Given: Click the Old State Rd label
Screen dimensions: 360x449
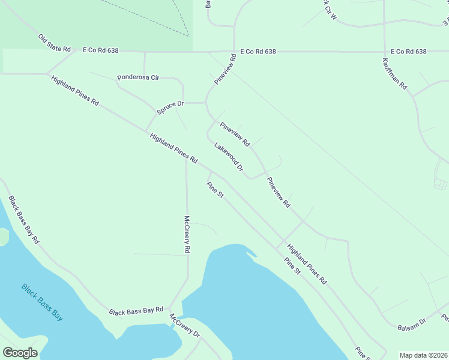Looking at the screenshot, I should click(x=55, y=43).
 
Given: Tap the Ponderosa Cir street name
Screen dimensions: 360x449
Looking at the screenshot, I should click(x=138, y=77).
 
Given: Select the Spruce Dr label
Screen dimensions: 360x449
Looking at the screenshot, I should click(x=170, y=107).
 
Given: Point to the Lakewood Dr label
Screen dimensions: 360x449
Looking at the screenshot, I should click(x=229, y=157).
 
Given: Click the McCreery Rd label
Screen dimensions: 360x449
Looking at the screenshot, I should click(x=187, y=234).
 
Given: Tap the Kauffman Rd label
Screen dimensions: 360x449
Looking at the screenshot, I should click(x=394, y=74).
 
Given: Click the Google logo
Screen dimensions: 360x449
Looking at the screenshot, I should click(x=20, y=353).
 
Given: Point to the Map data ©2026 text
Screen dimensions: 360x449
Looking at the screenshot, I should click(x=423, y=355).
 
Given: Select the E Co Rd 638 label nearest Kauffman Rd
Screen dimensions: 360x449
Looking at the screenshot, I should click(x=408, y=52).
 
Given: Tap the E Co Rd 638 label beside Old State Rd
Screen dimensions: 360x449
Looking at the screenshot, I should click(x=101, y=52).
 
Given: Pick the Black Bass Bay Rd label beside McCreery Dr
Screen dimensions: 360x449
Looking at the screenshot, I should click(x=136, y=311).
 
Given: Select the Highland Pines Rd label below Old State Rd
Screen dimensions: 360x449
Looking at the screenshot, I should click(x=75, y=91).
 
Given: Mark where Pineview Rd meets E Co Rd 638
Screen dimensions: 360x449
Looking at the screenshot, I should click(x=234, y=52).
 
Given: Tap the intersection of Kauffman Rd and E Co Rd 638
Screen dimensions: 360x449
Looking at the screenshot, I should click(x=384, y=52).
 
